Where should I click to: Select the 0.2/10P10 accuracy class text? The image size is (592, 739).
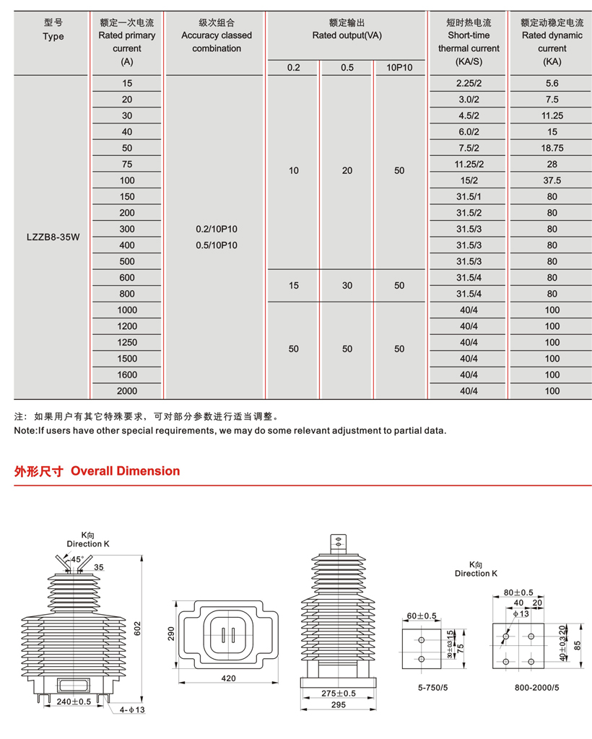(x=217, y=229)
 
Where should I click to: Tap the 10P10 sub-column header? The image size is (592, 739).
(x=399, y=68)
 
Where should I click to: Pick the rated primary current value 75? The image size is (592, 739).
(x=128, y=164)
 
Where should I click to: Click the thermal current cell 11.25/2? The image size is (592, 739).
(x=469, y=164)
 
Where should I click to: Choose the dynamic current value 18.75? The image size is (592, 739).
(x=552, y=148)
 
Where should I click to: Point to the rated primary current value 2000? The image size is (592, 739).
(x=128, y=391)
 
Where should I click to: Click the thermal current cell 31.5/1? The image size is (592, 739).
(x=469, y=196)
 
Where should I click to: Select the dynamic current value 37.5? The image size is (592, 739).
(x=552, y=180)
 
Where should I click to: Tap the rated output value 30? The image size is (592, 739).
(x=347, y=285)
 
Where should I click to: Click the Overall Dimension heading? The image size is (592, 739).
(x=126, y=471)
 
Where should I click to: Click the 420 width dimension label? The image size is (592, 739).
(x=229, y=678)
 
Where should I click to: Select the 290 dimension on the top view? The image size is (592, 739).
(x=172, y=634)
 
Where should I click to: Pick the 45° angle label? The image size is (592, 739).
(x=77, y=559)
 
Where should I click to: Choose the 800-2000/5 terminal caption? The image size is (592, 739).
(x=536, y=687)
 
